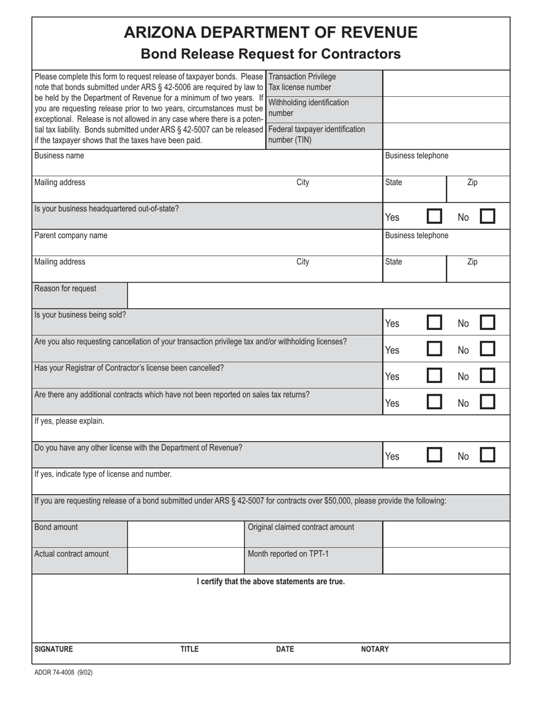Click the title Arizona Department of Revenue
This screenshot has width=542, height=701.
[270, 32]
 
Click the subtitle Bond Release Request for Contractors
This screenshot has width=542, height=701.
[270, 54]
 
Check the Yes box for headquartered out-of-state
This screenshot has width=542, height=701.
[434, 217]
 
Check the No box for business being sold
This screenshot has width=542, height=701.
[487, 323]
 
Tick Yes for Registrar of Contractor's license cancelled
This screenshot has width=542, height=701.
[434, 376]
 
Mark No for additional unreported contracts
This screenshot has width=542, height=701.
[487, 402]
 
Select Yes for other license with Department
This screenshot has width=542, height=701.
[434, 455]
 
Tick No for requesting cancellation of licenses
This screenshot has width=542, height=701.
[487, 349]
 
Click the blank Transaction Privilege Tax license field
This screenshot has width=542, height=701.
[446, 83]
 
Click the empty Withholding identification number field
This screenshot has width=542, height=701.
[446, 109]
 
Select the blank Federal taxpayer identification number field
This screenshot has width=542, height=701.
[446, 136]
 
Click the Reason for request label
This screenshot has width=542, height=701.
[66, 288]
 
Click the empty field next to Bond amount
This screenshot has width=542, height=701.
[185, 534]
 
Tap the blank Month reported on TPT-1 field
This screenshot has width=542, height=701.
[446, 561]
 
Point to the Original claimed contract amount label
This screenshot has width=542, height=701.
[301, 527]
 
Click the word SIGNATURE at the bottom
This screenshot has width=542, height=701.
[54, 649]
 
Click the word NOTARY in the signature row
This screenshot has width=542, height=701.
[375, 649]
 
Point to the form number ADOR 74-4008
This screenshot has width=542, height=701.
[63, 673]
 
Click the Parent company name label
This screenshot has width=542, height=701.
[71, 235]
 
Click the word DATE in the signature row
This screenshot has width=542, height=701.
[285, 649]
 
